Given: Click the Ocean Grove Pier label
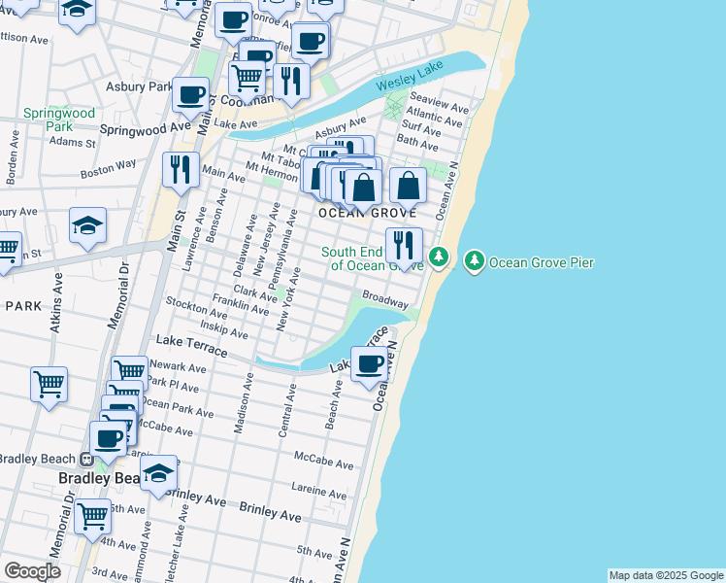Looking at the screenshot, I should pos(541,261).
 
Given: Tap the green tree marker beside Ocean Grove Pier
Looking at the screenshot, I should pos(475,260).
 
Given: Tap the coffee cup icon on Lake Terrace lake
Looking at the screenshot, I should pos(369,364).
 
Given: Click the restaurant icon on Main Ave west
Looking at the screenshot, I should pos(181,170).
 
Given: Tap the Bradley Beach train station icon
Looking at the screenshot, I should pos(86,460).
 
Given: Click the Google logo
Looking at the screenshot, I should pos(32,571).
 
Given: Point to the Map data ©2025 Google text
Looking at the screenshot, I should pos(666,575).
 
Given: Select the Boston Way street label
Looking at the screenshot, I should pos(109,170).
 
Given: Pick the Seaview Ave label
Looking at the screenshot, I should pos(440,101).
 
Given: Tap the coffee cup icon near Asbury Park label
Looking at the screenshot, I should pos(190,94).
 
